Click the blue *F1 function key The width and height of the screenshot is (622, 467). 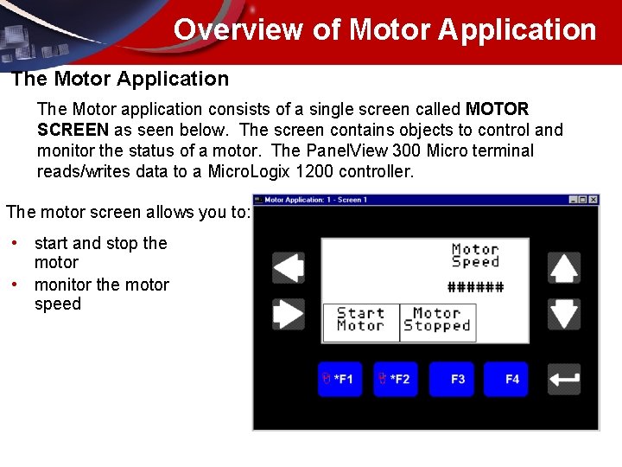click(339, 379)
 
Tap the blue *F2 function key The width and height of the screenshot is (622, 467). click(394, 379)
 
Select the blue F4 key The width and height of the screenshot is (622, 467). click(506, 379)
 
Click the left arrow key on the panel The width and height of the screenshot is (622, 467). click(289, 268)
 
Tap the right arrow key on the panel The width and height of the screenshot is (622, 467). click(289, 313)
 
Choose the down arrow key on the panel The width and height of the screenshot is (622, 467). click(564, 313)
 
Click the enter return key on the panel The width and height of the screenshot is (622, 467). click(564, 379)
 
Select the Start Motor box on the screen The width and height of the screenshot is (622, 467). click(361, 320)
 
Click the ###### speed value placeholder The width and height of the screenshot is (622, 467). click(475, 288)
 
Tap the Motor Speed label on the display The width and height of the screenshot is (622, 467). click(475, 255)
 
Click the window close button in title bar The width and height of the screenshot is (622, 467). click(593, 200)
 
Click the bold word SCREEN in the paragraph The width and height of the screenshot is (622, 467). click(73, 130)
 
